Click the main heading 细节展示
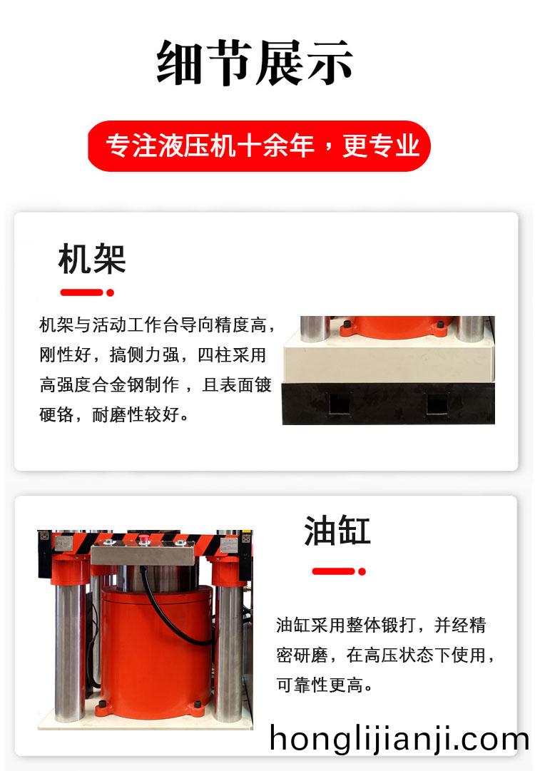(255, 62)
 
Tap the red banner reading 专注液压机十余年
(259, 145)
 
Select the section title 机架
(92, 259)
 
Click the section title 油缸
(337, 531)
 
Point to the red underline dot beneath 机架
(110, 292)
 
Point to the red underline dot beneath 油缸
(362, 571)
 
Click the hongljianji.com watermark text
(399, 740)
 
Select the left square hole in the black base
(339, 404)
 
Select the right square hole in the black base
(437, 404)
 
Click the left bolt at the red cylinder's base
(102, 705)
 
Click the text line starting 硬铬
(114, 414)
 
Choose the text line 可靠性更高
(325, 685)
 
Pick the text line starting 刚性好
(153, 354)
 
